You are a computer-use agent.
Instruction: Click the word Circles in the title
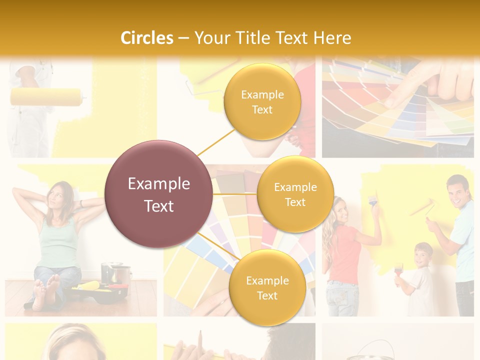click(x=147, y=38)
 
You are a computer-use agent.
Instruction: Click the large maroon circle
click(x=159, y=194)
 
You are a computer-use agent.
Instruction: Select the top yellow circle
click(x=262, y=101)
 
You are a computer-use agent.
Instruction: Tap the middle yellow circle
click(x=295, y=194)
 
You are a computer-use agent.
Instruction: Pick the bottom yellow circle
click(x=267, y=287)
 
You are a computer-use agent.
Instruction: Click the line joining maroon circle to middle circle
click(x=235, y=194)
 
